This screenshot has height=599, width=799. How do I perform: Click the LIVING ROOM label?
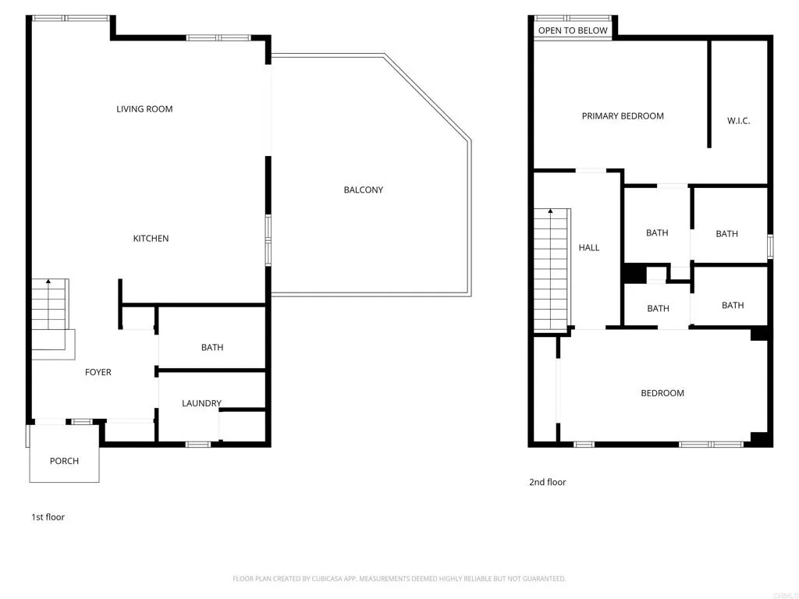pyautogui.click(x=144, y=109)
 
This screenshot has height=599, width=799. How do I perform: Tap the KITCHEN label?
pyautogui.click(x=151, y=239)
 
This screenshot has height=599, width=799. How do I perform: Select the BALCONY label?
pyautogui.click(x=364, y=190)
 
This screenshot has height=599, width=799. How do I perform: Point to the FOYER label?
pyautogui.click(x=98, y=373)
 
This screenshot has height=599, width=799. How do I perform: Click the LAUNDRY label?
pyautogui.click(x=201, y=403)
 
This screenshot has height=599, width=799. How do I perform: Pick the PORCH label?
pyautogui.click(x=64, y=461)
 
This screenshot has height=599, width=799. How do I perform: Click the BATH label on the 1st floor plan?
pyautogui.click(x=212, y=348)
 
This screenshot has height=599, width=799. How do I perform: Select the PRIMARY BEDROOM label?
pyautogui.click(x=623, y=116)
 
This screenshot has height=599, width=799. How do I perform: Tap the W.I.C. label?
pyautogui.click(x=738, y=121)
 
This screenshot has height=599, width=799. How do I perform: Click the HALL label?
pyautogui.click(x=589, y=248)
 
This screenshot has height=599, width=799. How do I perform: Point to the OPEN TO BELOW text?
pyautogui.click(x=573, y=30)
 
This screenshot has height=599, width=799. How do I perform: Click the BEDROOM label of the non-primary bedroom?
pyautogui.click(x=662, y=393)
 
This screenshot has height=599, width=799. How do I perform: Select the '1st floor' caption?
pyautogui.click(x=48, y=517)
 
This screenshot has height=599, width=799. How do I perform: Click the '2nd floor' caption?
pyautogui.click(x=548, y=482)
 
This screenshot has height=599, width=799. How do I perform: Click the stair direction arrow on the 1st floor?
pyautogui.click(x=48, y=282)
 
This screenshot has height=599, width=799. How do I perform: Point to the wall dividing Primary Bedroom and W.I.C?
pyautogui.click(x=709, y=94)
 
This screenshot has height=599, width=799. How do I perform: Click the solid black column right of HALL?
pyautogui.click(x=634, y=275)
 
